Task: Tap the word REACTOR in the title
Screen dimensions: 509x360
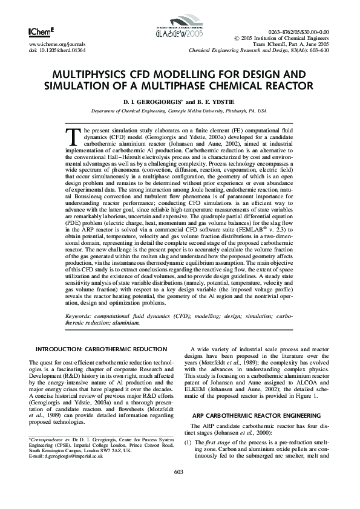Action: (x=282, y=85)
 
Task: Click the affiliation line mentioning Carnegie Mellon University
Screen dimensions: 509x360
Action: (x=179, y=111)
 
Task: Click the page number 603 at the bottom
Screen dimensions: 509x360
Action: (x=179, y=488)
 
